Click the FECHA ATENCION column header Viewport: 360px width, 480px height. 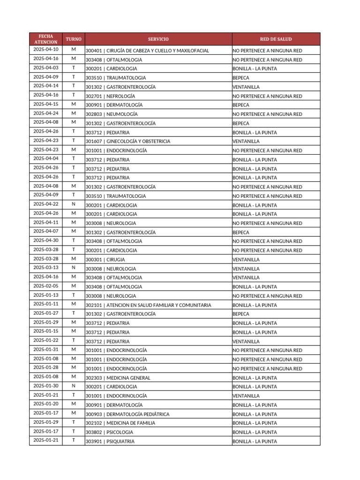pyautogui.click(x=46, y=39)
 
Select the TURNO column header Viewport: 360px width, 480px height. pyautogui.click(x=74, y=39)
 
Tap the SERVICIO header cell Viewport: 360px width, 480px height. pyautogui.click(x=158, y=39)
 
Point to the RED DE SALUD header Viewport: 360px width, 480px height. pyautogui.click(x=276, y=39)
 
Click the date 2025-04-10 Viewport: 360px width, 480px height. pyautogui.click(x=46, y=50)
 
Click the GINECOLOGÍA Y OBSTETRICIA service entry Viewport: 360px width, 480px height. pyautogui.click(x=127, y=142)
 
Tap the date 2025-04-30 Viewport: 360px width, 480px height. pyautogui.click(x=46, y=240)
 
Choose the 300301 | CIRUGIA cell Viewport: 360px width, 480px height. pyautogui.click(x=105, y=260)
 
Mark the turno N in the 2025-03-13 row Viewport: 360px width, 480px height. pyautogui.click(x=74, y=268)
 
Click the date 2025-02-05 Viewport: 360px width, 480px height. pyautogui.click(x=46, y=286)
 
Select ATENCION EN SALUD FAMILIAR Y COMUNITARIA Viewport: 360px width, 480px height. pyautogui.click(x=148, y=305)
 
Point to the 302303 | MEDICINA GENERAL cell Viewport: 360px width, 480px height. pyautogui.click(x=118, y=378)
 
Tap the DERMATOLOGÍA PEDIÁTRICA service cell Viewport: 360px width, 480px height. pyautogui.click(x=127, y=414)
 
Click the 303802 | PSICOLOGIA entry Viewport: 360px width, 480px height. pyautogui.click(x=109, y=432)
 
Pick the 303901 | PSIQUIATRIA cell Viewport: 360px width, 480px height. pyautogui.click(x=110, y=442)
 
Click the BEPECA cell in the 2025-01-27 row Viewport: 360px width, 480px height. pyautogui.click(x=241, y=314)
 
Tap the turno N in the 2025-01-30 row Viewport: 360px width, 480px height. pyautogui.click(x=74, y=386)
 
